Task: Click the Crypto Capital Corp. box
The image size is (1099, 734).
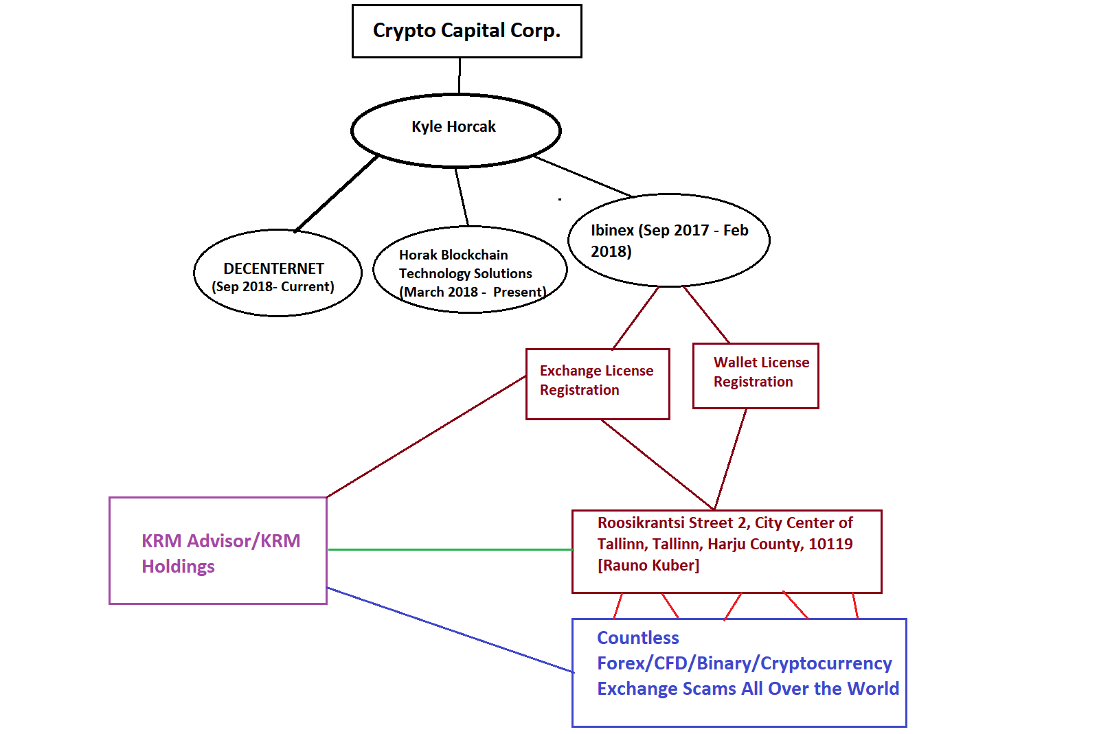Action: pyautogui.click(x=466, y=31)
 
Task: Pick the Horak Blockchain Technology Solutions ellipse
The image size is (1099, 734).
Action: pyautogui.click(x=470, y=270)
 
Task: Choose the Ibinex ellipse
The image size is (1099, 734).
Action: pyautogui.click(x=668, y=240)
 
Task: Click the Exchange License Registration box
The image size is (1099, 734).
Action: pyautogui.click(x=597, y=383)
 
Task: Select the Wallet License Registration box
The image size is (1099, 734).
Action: pyautogui.click(x=756, y=375)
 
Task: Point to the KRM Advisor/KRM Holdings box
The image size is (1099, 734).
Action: pyautogui.click(x=218, y=551)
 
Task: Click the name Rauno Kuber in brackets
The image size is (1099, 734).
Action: pyautogui.click(x=648, y=566)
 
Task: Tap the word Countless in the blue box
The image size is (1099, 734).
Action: pyautogui.click(x=637, y=638)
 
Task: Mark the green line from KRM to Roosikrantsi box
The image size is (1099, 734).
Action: pyautogui.click(x=450, y=549)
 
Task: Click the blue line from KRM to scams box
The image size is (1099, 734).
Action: pyautogui.click(x=450, y=630)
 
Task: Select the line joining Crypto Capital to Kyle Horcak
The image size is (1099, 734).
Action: pyautogui.click(x=460, y=76)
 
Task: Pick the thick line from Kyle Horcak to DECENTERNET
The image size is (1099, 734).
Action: pyautogui.click(x=337, y=194)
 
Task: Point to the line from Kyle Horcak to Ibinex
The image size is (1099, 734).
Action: pyautogui.click(x=582, y=176)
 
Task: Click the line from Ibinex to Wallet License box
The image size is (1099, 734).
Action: pyautogui.click(x=705, y=314)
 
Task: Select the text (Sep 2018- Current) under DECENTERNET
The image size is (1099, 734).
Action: pyautogui.click(x=273, y=287)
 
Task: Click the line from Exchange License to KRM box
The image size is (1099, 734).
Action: pyautogui.click(x=426, y=437)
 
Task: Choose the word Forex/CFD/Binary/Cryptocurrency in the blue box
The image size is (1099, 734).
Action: pyautogui.click(x=744, y=663)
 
